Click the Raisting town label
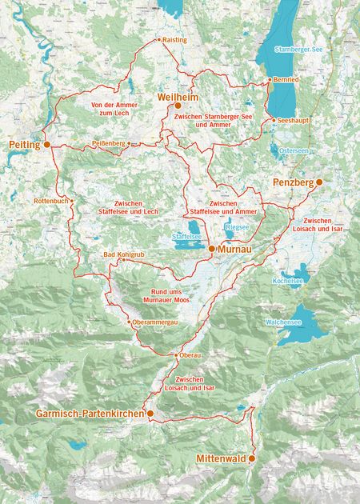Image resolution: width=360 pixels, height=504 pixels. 174,39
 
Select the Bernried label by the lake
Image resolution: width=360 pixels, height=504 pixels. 286,81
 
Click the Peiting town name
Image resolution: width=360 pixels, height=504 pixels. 24,145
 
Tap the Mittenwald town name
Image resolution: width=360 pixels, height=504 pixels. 220,459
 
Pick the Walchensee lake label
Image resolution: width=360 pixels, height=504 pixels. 282,322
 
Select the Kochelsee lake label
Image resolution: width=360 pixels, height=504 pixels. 288,282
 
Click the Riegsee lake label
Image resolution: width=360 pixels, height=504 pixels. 238,226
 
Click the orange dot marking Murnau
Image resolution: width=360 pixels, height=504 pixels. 211,250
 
